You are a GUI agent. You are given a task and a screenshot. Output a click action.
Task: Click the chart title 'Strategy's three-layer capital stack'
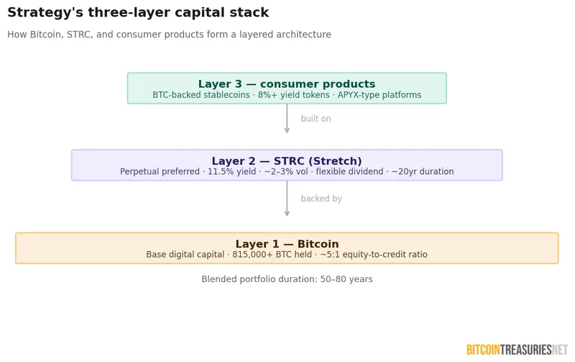[138, 13]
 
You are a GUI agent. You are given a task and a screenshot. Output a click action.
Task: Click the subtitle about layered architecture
[169, 35]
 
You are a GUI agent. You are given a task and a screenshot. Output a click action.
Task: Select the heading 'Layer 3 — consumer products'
[287, 84]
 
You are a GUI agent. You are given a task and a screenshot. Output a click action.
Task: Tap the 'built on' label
[316, 119]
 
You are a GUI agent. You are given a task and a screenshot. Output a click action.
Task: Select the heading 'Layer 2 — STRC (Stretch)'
[287, 161]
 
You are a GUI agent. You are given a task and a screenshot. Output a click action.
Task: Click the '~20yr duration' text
[423, 172]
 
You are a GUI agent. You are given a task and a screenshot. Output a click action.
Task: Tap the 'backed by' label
[321, 199]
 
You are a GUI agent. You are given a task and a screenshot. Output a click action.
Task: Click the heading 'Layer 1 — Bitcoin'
[287, 244]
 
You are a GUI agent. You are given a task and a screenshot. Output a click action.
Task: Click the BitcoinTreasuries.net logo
[517, 350]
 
